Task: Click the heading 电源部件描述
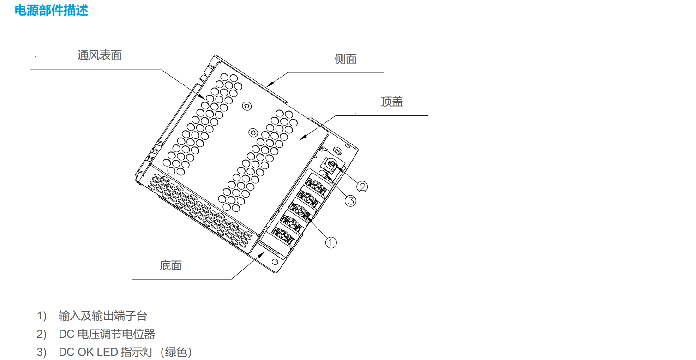(x=51, y=10)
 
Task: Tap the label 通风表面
(x=99, y=55)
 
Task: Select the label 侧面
(x=345, y=59)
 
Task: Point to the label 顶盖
(x=392, y=102)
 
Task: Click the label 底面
(x=171, y=265)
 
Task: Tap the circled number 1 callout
(x=331, y=242)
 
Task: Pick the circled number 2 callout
(x=362, y=186)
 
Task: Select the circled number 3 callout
(x=351, y=201)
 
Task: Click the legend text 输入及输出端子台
(x=103, y=316)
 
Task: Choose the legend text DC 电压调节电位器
(x=107, y=334)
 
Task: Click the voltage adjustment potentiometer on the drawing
(x=331, y=163)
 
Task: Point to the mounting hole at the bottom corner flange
(x=275, y=262)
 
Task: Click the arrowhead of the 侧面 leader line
(x=269, y=85)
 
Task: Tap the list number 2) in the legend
(x=42, y=334)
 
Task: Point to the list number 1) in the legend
(x=42, y=316)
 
